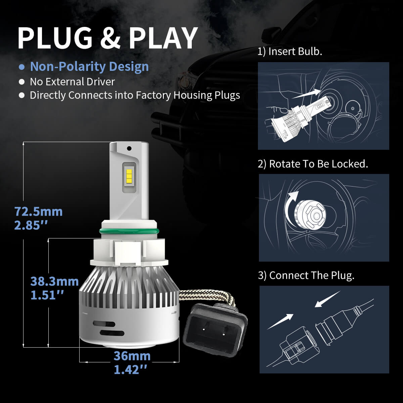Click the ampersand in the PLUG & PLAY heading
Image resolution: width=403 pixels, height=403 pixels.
[x=110, y=38]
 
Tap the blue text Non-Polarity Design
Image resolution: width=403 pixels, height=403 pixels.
[x=89, y=66]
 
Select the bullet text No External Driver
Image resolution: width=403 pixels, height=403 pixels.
[x=72, y=82]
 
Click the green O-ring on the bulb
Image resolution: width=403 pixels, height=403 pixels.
[x=129, y=231]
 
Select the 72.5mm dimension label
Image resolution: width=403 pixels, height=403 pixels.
[x=38, y=212]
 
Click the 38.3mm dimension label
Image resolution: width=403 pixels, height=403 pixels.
[x=54, y=281]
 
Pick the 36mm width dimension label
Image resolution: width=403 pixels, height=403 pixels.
[x=132, y=356]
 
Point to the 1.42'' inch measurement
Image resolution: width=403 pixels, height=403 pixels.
[x=131, y=369]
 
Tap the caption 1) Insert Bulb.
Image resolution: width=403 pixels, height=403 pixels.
[x=290, y=52]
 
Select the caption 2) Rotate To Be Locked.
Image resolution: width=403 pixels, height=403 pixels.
[x=313, y=164]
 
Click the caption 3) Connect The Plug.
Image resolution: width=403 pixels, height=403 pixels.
[x=306, y=275]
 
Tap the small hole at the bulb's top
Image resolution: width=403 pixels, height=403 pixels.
[x=129, y=148]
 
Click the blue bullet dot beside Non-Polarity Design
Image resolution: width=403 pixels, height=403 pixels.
[x=22, y=67]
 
